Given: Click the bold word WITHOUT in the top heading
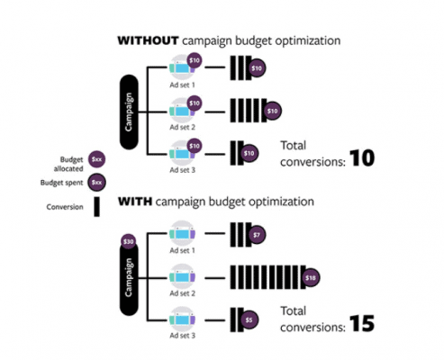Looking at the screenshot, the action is click(x=148, y=40).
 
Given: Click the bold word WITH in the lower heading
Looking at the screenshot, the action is click(x=135, y=202).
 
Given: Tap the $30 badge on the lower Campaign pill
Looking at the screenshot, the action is click(x=128, y=241).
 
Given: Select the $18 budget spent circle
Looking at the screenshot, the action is click(x=311, y=278).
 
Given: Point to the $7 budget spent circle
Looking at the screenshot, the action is click(x=257, y=235).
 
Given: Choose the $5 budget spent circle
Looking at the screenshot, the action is click(x=249, y=319).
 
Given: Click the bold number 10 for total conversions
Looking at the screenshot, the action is click(x=362, y=157).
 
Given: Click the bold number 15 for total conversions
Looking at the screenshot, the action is click(x=362, y=323).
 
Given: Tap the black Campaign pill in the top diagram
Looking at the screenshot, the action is click(x=129, y=112).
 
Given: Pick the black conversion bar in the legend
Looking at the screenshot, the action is click(x=96, y=207).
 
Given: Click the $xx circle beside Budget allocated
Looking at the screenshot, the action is click(x=96, y=159).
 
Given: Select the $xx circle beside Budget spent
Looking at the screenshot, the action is click(x=96, y=183).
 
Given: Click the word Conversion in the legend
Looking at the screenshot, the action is click(x=65, y=207).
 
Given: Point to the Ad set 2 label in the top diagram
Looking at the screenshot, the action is click(x=182, y=127).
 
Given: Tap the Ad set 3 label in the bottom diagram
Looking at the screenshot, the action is click(x=182, y=336).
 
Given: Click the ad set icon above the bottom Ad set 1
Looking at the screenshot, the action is click(x=182, y=233).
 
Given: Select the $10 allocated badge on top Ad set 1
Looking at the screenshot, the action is click(x=195, y=60).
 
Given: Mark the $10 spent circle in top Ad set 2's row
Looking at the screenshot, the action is click(x=272, y=112).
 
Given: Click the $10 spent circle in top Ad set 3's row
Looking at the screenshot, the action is click(x=249, y=154).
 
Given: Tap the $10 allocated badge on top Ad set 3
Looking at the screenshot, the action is click(x=195, y=146).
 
